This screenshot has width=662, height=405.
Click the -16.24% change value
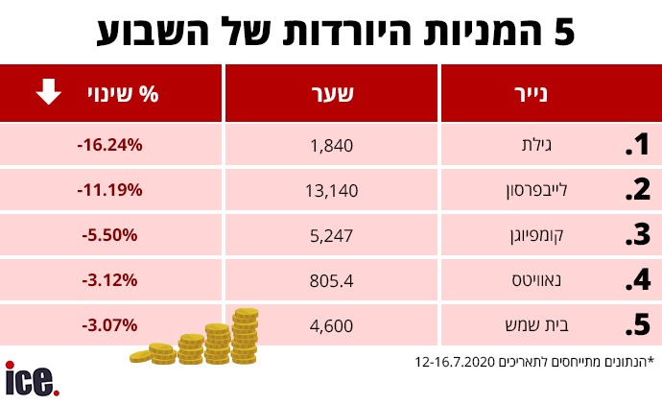click(109, 145)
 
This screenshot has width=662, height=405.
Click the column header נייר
click(534, 94)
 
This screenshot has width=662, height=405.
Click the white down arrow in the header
click(49, 93)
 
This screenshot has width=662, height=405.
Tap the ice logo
click(32, 378)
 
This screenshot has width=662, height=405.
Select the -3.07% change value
click(109, 325)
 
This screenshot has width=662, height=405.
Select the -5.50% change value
click(109, 235)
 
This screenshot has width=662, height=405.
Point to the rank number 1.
click(638, 146)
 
